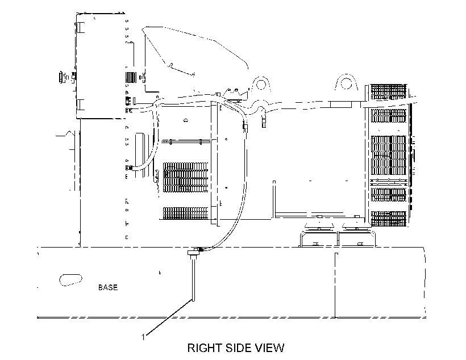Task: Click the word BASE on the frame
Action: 108,287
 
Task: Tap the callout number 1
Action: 143,337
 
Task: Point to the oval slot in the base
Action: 70,280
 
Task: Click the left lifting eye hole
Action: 261,83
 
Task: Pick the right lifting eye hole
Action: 346,83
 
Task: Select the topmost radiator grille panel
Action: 389,92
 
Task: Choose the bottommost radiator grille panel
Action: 389,219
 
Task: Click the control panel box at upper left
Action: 101,66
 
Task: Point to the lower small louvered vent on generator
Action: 185,213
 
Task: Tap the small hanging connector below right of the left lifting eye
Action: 264,119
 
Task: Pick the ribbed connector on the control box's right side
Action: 131,78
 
